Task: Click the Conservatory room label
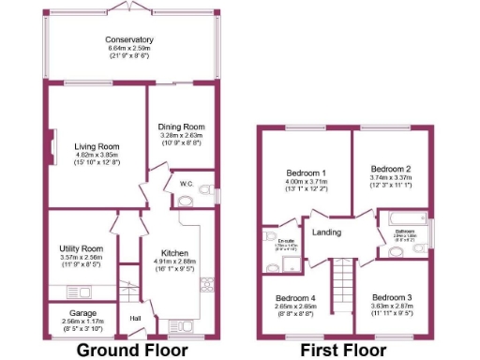point(129,40)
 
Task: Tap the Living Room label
point(97,146)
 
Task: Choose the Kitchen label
point(174,253)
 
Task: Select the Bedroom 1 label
point(306,173)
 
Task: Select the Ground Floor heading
point(132,350)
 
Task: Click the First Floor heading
point(344,350)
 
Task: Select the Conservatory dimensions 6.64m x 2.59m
point(129,48)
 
